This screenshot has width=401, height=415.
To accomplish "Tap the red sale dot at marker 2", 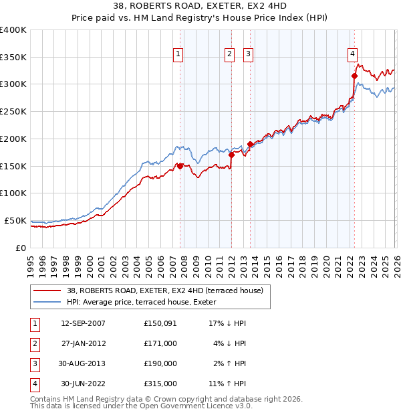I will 231,155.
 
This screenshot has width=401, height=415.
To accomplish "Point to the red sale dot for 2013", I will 250,144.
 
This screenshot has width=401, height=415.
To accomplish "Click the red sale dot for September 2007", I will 180,166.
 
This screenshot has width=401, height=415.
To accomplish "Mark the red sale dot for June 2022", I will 354,76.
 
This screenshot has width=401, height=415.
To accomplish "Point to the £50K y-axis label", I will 15,220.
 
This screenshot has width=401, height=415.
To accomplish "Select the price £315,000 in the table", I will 160,384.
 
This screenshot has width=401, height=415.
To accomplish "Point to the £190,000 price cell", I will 160,363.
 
